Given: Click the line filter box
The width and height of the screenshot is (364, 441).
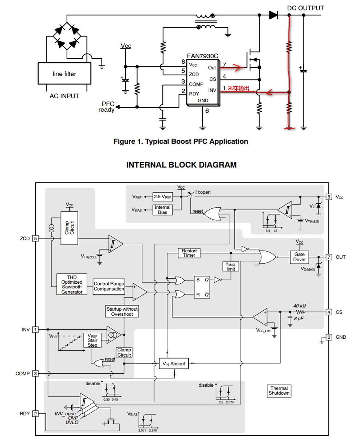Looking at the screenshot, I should click(64, 74).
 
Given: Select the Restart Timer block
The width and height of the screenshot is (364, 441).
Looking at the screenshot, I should click(189, 253).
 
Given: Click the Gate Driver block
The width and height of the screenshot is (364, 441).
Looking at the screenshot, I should click(300, 257).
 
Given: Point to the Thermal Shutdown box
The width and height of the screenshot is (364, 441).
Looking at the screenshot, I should click(279, 391).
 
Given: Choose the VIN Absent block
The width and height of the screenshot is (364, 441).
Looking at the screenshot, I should click(174, 363).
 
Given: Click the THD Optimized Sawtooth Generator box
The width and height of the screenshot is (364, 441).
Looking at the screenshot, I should click(72, 284).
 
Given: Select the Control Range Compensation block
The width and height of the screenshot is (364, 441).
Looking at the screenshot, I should click(109, 287).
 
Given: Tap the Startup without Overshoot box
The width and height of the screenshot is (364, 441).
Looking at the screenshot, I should click(122, 311).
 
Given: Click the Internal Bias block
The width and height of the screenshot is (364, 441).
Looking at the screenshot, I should click(162, 209).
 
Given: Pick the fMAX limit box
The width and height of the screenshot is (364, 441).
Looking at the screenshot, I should click(230, 267).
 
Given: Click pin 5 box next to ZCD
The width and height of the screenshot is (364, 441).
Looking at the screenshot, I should click(36, 239).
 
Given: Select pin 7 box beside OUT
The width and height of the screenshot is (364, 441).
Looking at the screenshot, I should click(329, 257).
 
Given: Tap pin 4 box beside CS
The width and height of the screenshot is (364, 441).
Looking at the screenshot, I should click(329, 312).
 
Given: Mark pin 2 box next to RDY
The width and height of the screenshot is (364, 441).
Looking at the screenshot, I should click(36, 414).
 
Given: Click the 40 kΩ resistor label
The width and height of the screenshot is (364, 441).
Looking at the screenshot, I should click(300, 306).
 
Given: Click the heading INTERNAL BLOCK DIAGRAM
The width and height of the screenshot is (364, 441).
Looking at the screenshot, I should click(181, 165).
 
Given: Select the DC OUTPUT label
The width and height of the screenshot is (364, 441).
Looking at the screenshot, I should click(305, 8).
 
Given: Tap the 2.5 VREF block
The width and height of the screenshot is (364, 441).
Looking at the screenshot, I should click(162, 197).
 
